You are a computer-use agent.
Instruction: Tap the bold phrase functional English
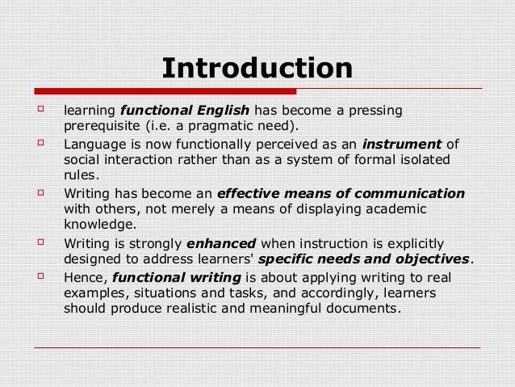[185, 111]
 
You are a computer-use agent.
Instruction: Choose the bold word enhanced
[221, 243]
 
